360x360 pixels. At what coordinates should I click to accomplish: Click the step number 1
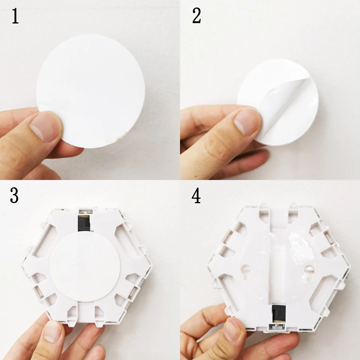15,17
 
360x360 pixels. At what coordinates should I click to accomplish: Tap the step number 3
14,196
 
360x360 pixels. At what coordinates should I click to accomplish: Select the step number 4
196,196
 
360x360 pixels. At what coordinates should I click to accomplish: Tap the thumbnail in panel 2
246,121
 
